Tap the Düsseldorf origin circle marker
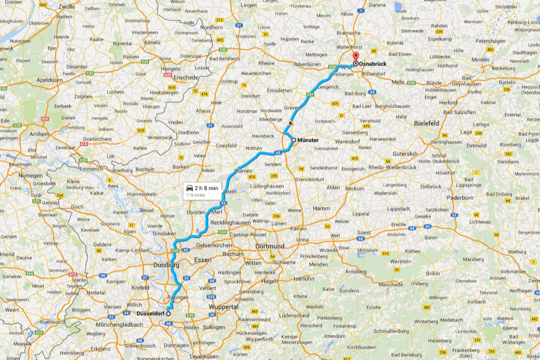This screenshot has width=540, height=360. (x=169, y=314)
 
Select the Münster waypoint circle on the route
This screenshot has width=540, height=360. (x=293, y=140)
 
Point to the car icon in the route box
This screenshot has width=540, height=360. (x=190, y=188)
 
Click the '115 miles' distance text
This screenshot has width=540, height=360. (x=195, y=194)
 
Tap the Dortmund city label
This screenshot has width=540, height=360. (x=270, y=246)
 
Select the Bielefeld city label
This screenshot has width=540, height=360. (x=427, y=123)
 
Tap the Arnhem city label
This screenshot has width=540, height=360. (x=39, y=134)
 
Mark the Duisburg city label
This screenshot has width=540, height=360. (x=166, y=265)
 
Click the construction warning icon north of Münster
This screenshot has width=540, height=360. (x=290, y=123)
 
